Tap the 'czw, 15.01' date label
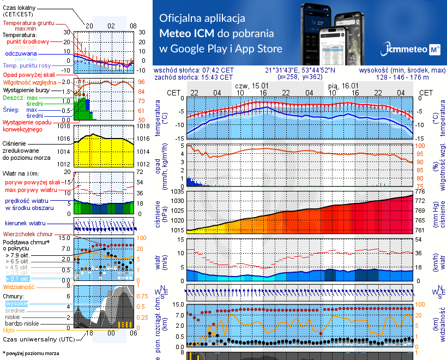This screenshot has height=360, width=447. tap(252, 86)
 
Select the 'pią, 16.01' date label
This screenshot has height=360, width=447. tap(343, 86)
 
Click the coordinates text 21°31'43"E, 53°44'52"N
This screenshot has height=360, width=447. tap(300, 70)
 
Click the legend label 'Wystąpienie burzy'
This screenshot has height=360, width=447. tap(28, 89)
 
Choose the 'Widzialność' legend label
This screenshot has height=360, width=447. tap(19, 286)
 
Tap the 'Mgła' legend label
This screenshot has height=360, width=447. tap(9, 330)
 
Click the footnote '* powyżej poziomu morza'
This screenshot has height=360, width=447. tap(31, 353)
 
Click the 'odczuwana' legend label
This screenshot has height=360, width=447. tap(21, 54)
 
